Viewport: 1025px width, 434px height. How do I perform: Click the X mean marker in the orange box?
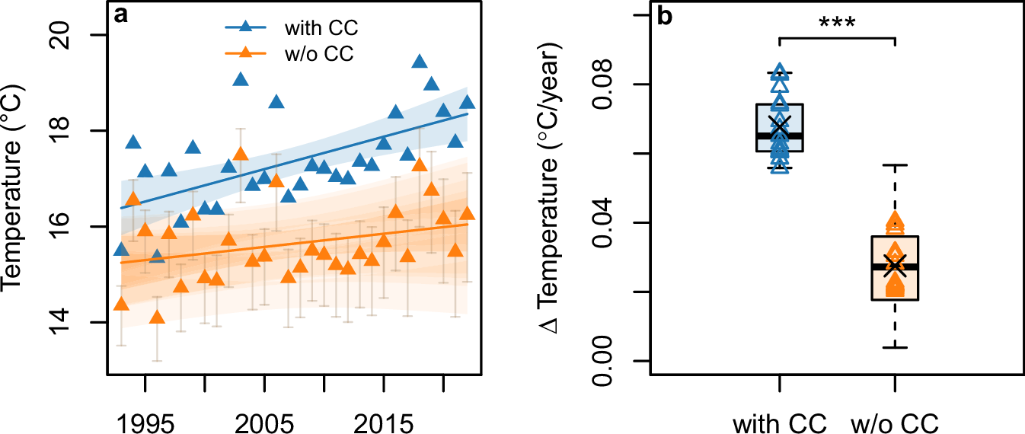click(895, 263)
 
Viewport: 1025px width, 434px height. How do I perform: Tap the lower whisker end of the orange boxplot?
click(895, 348)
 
